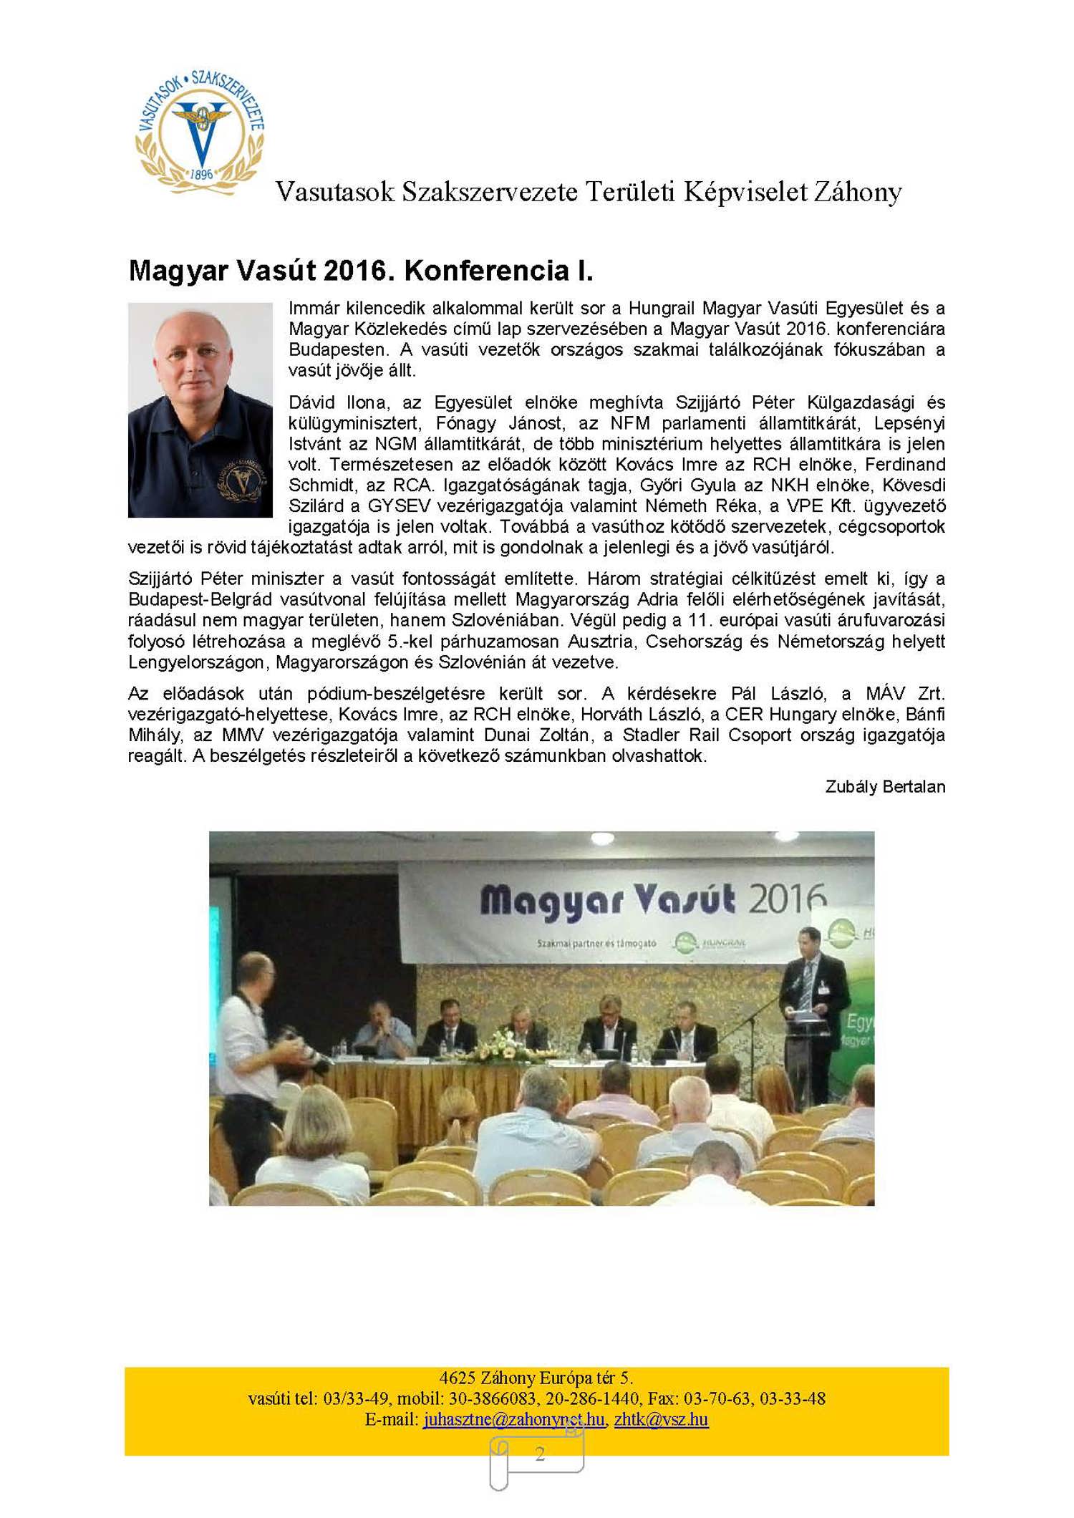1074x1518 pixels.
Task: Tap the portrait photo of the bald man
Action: pyautogui.click(x=200, y=410)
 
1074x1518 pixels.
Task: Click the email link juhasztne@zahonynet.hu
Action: pyautogui.click(x=513, y=1419)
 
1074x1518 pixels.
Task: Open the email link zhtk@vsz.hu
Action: pyautogui.click(x=661, y=1419)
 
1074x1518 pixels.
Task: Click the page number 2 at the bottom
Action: pyautogui.click(x=540, y=1454)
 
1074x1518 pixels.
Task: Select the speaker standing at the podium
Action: pyautogui.click(x=813, y=1002)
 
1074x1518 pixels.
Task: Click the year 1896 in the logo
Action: pyautogui.click(x=202, y=174)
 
